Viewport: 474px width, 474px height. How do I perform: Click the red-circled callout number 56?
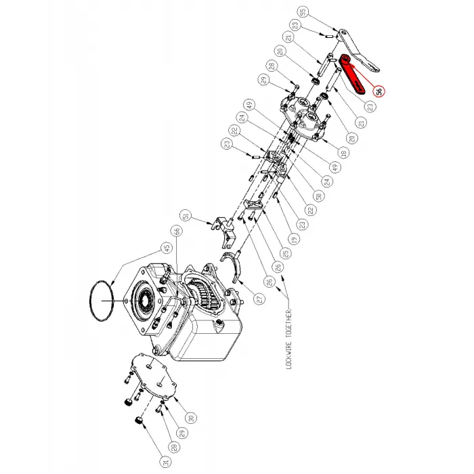[x=379, y=90]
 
